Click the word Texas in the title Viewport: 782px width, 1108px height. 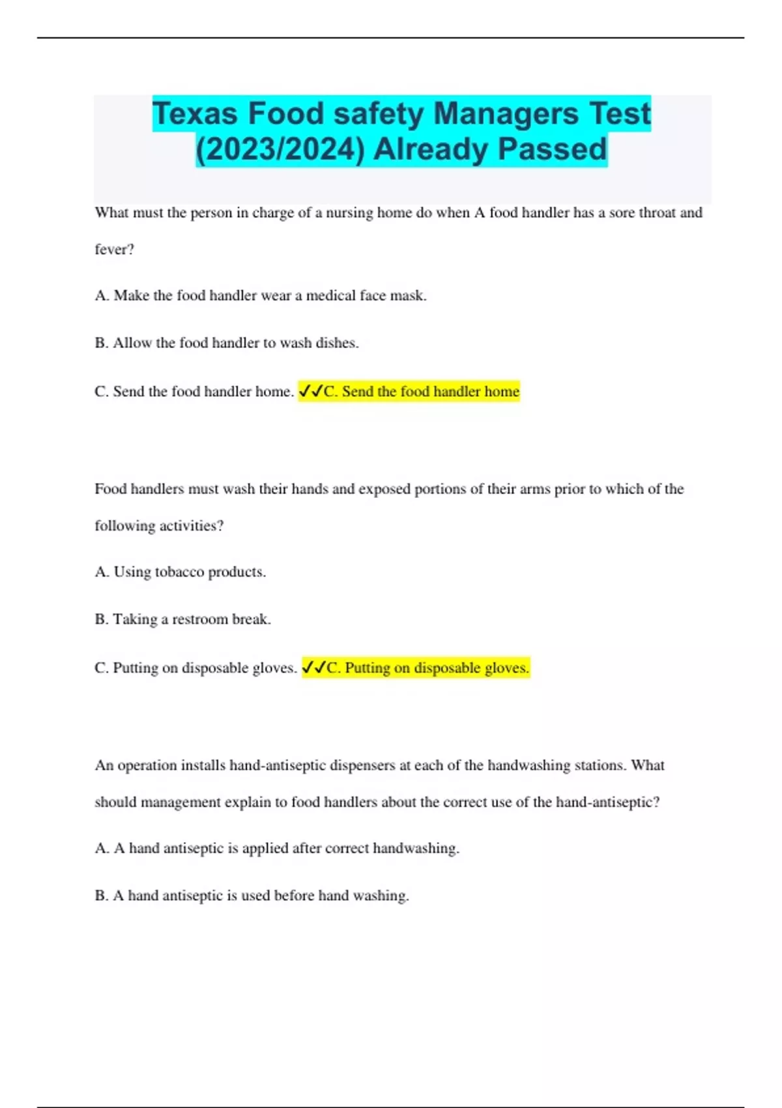click(195, 113)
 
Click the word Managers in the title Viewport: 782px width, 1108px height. click(506, 113)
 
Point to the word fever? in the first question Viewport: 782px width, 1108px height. click(114, 250)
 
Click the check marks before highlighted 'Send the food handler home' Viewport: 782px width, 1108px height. click(311, 392)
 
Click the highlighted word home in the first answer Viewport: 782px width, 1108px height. click(502, 392)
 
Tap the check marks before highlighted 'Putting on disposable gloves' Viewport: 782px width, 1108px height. click(314, 668)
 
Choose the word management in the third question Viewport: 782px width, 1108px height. click(181, 802)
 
